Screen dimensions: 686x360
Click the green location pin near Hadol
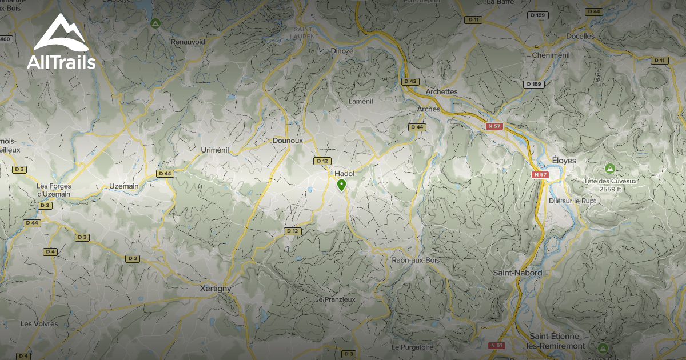tap(341, 185)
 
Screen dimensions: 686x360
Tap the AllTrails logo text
tap(61, 62)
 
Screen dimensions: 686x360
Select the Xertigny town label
tap(217, 289)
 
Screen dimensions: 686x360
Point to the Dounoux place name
tap(288, 140)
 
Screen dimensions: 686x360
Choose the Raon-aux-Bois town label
tap(416, 260)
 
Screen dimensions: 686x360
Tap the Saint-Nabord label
tap(517, 273)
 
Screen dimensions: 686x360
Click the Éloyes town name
tap(564, 161)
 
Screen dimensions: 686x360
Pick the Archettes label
tap(442, 91)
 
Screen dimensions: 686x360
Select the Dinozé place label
tap(342, 50)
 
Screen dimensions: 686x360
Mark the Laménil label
tap(361, 101)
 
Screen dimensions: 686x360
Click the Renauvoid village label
tap(188, 41)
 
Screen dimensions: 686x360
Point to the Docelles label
tap(580, 36)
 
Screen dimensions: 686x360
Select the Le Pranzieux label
tap(335, 299)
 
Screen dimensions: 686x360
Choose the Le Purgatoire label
tap(412, 347)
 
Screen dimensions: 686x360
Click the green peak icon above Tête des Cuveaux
tap(610, 169)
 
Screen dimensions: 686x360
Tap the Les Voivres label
tap(39, 323)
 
